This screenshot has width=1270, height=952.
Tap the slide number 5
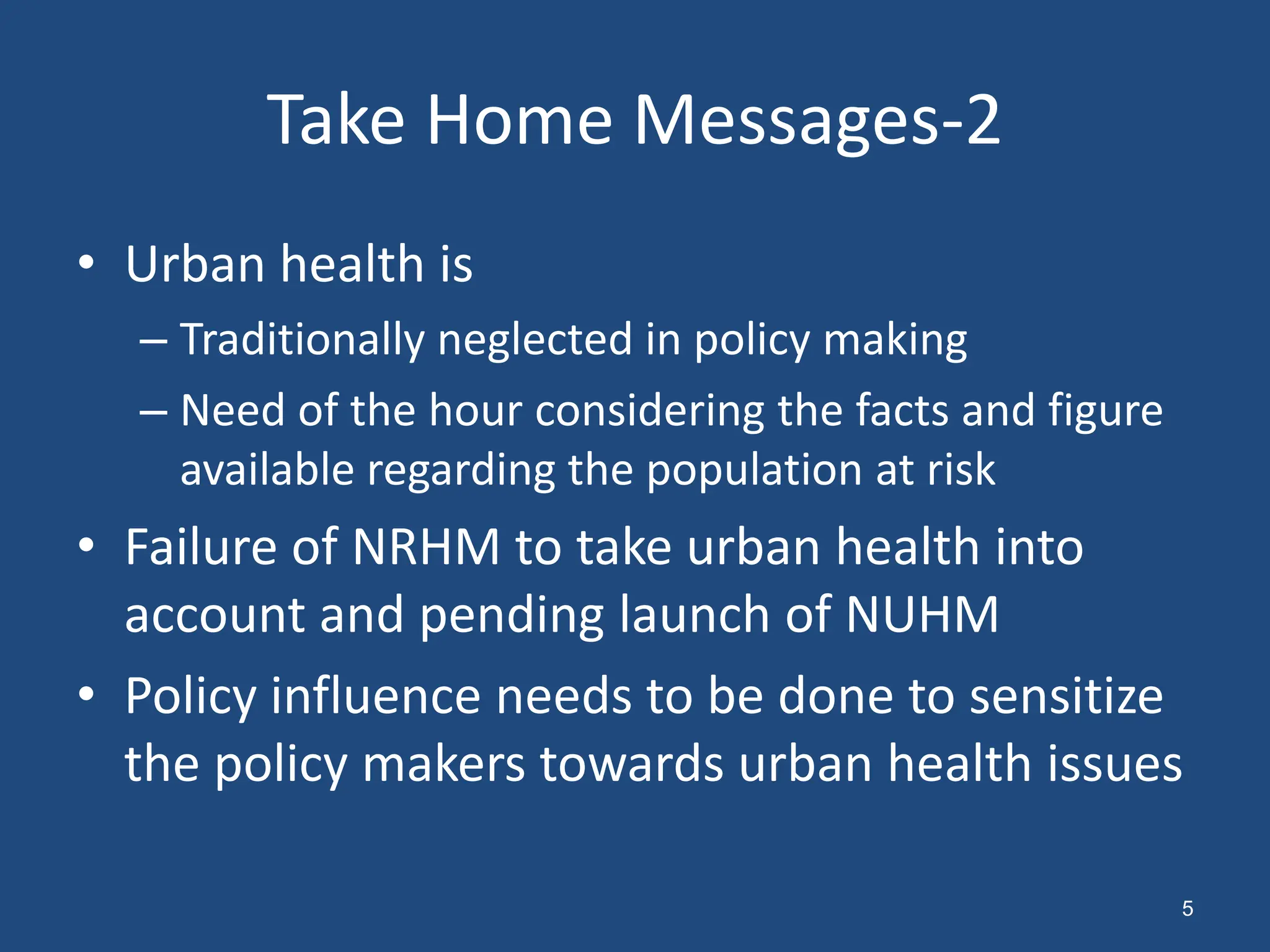pyautogui.click(x=1187, y=908)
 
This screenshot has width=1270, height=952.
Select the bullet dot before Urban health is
pyautogui.click(x=86, y=263)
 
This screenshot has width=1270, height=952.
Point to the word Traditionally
pyautogui.click(x=302, y=340)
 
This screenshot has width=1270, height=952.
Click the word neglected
pyautogui.click(x=535, y=340)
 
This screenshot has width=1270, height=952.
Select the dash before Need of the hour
pyautogui.click(x=153, y=411)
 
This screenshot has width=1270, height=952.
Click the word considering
pyautogui.click(x=649, y=411)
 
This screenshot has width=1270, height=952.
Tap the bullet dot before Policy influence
pyautogui.click(x=86, y=695)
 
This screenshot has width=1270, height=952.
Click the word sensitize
pyautogui.click(x=1066, y=697)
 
